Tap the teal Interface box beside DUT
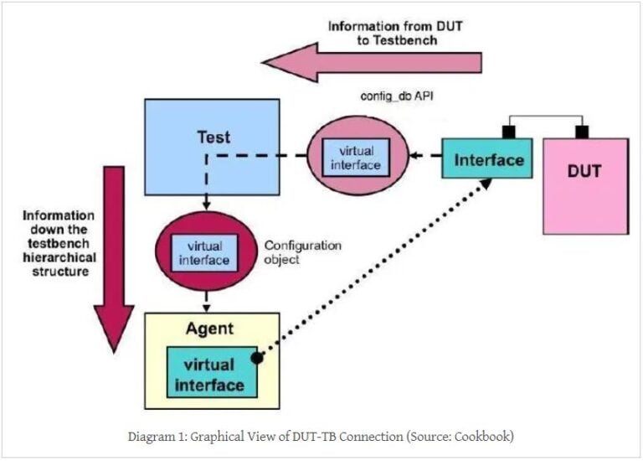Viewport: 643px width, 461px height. [488, 159]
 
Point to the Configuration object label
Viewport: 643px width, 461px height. [303, 252]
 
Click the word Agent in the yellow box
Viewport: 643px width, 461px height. [211, 329]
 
